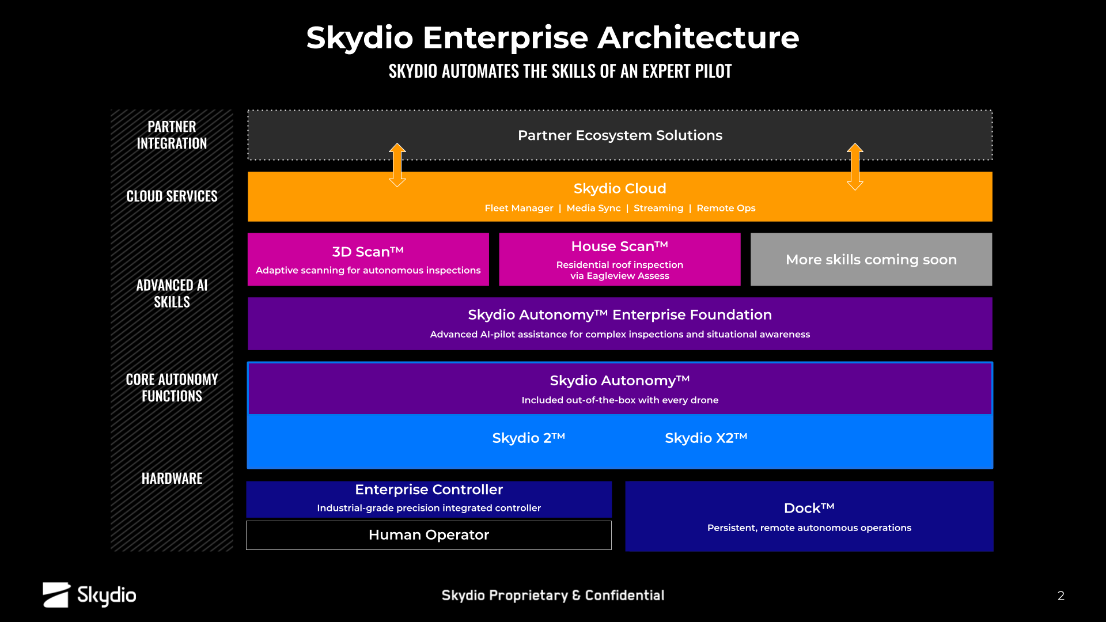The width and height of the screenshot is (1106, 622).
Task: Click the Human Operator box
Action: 429,535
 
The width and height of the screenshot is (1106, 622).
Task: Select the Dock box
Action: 809,516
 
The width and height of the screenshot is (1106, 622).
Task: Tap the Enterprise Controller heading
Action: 429,490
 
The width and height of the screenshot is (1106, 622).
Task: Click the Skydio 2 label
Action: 528,438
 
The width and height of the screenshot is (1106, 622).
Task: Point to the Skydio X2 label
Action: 706,438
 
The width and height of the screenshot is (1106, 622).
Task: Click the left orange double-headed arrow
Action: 397,165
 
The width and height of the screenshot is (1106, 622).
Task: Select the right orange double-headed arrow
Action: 855,166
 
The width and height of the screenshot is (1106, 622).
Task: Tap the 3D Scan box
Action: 368,259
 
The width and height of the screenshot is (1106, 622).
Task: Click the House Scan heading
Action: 620,246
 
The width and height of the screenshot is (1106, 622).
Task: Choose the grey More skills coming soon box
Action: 871,259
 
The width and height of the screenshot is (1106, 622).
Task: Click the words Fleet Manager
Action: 519,208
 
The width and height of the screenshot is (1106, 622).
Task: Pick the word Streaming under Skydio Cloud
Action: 658,208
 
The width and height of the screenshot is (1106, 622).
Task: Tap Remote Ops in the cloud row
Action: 726,208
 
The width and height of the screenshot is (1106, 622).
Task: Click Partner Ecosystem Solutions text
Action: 620,135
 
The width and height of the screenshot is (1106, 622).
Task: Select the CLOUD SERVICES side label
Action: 172,196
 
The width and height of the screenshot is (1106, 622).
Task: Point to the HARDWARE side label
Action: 172,479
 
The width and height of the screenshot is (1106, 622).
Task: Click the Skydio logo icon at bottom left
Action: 56,595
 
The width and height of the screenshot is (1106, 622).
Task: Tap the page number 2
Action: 1060,596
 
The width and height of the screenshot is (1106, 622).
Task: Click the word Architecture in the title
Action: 698,38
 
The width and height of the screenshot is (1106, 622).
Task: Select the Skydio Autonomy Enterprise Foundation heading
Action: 620,315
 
